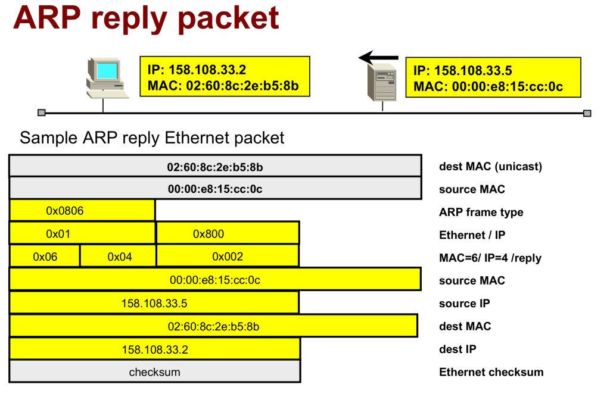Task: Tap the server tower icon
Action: click(x=381, y=83)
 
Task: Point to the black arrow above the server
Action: click(x=379, y=58)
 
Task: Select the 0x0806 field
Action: click(x=82, y=211)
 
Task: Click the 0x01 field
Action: click(x=82, y=233)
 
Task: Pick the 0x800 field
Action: click(x=227, y=233)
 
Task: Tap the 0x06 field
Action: click(x=44, y=257)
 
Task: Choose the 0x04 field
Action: click(x=118, y=257)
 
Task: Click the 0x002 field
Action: click(x=227, y=257)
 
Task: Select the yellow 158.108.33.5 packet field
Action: click(x=154, y=303)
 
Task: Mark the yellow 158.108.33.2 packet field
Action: click(x=154, y=349)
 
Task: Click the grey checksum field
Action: click(x=154, y=372)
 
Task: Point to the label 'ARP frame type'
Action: click(x=481, y=212)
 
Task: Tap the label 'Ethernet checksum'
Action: click(x=491, y=372)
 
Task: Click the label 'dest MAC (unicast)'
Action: click(x=490, y=167)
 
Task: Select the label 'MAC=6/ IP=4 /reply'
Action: click(x=490, y=258)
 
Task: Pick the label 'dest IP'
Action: click(x=457, y=349)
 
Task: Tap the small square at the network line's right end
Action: click(x=587, y=113)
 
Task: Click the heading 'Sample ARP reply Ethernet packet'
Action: click(x=152, y=138)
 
